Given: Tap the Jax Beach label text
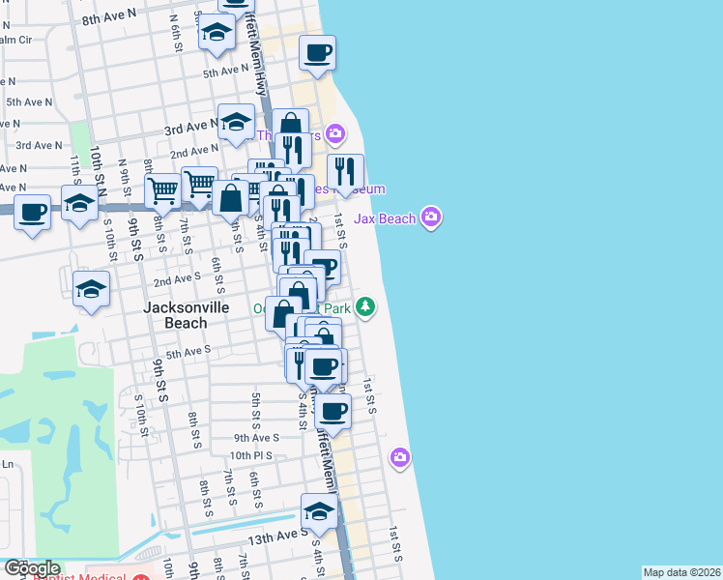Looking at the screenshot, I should pyautogui.click(x=384, y=218).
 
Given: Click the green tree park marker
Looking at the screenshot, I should pyautogui.click(x=364, y=307).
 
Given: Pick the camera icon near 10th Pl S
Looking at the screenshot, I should pyautogui.click(x=399, y=456).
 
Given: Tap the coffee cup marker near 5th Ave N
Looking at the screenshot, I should pyautogui.click(x=316, y=52).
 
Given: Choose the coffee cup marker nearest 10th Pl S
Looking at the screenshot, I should pyautogui.click(x=333, y=410).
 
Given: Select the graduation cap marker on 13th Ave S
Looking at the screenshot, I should pyautogui.click(x=318, y=510).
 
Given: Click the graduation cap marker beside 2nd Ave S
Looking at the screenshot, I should pyautogui.click(x=92, y=288).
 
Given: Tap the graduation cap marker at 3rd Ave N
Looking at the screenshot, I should pyautogui.click(x=235, y=122).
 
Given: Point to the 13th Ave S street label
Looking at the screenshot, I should pyautogui.click(x=275, y=537).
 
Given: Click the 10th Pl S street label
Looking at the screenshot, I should pyautogui.click(x=254, y=454).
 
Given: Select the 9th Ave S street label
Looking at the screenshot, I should pyautogui.click(x=256, y=437).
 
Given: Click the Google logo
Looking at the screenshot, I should pyautogui.click(x=31, y=568).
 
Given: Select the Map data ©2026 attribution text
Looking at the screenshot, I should pyautogui.click(x=681, y=572).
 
